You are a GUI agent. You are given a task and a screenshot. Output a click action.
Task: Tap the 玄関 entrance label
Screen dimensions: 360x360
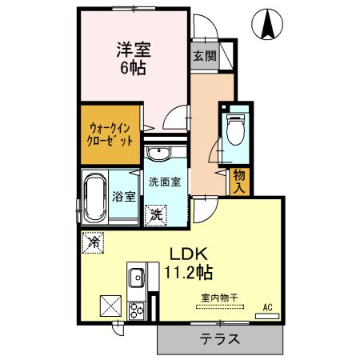point(203,56)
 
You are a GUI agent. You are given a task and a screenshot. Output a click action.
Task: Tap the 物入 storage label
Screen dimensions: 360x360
point(238,181)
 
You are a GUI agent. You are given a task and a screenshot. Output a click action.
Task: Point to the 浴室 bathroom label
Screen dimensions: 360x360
point(124,196)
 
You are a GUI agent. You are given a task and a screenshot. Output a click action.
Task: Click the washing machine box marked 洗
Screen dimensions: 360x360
point(157,214)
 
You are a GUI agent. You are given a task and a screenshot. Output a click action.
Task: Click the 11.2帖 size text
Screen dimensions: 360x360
point(189,272)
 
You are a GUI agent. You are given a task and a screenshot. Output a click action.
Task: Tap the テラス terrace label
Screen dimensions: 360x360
point(219,338)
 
